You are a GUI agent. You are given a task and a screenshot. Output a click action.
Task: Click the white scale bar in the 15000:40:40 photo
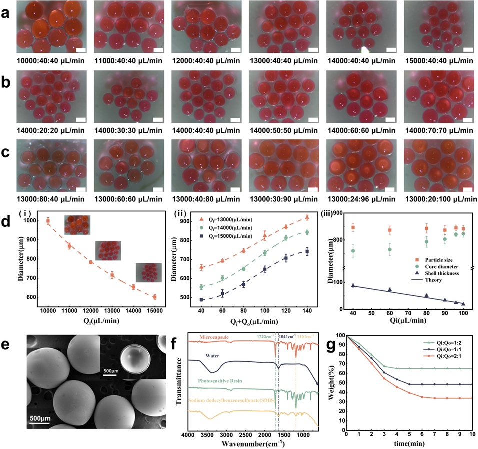pyautogui.click(x=468, y=49)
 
